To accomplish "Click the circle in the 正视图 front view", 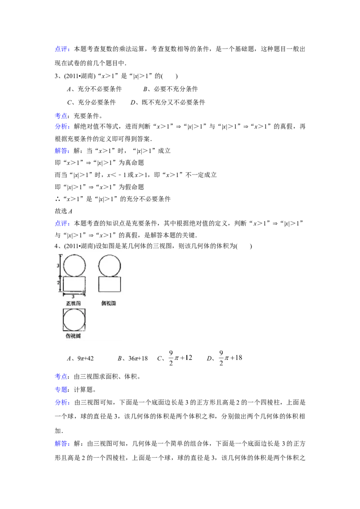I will coord(74,265).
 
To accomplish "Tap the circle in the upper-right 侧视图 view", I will coord(109,265).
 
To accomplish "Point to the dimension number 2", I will coord(58,283).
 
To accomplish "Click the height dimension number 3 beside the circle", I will coord(58,266).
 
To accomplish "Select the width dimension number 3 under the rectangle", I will coord(73,297).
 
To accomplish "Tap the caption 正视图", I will coord(73,304).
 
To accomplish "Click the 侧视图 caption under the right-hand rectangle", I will coord(109,304).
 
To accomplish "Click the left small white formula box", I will coord(180,358).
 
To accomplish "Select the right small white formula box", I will coord(230,358).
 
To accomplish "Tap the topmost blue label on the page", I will coord(62,49).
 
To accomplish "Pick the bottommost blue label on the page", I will coord(62,444).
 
